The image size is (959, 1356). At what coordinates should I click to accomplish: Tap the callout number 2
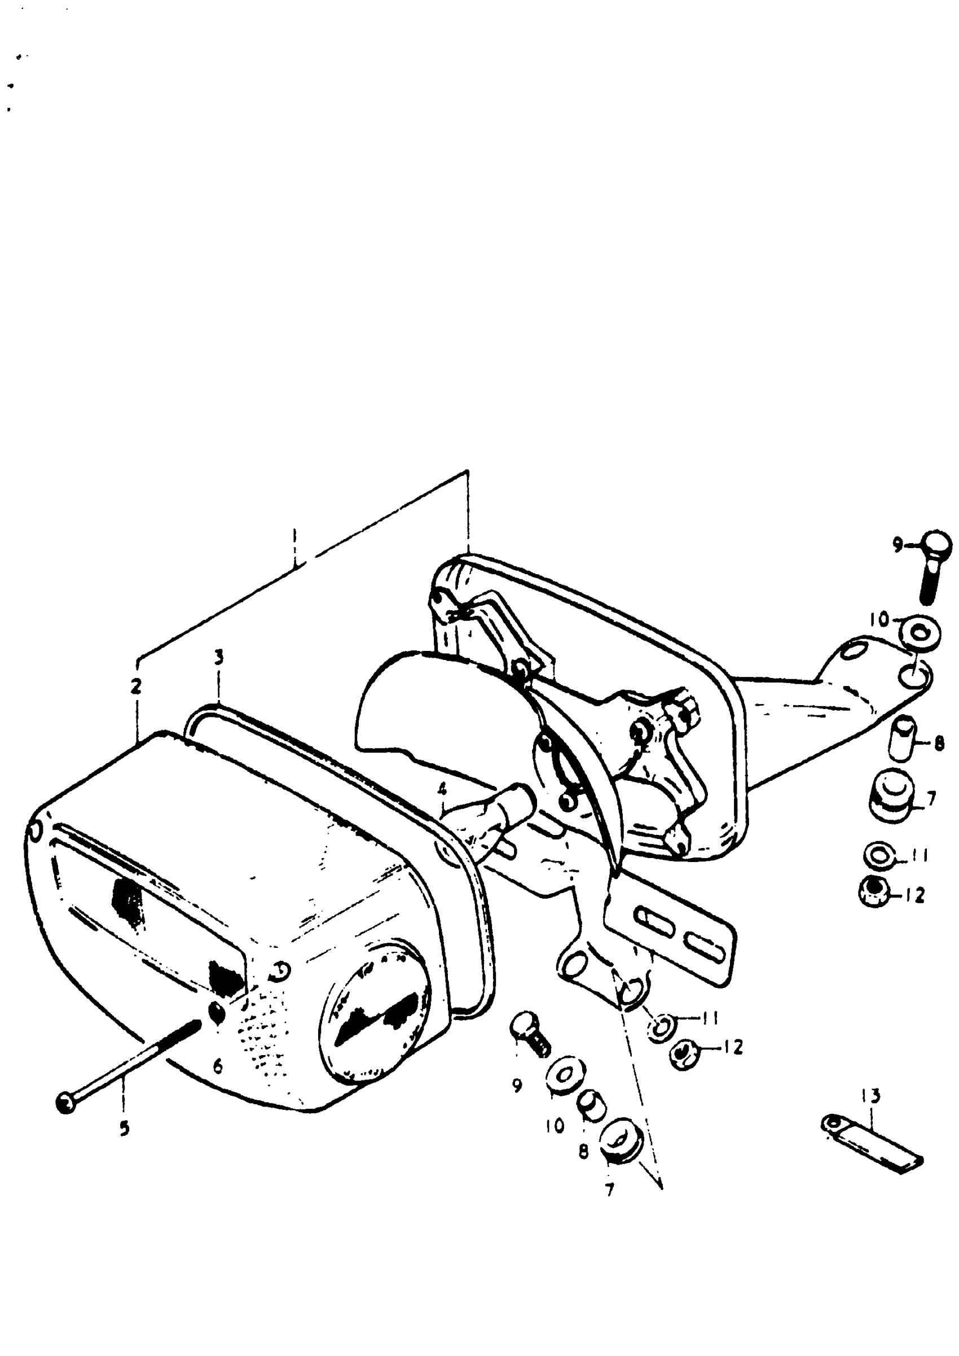pos(137,686)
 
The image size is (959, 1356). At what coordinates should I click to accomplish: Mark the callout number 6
pos(218,1066)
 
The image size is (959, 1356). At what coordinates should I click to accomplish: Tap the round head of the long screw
pos(66,1103)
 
